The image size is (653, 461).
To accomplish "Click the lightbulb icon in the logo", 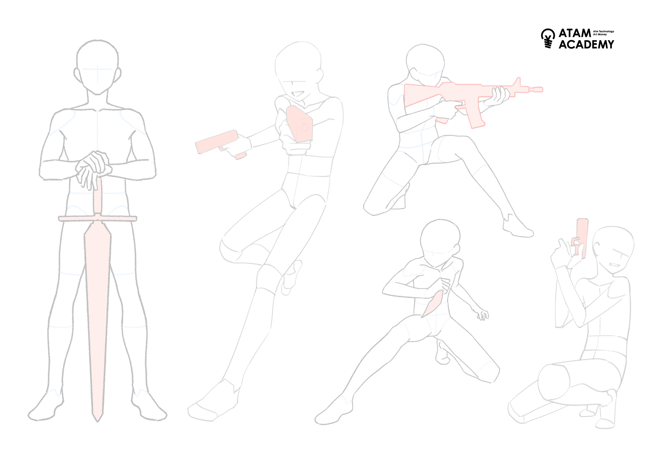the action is click(548, 38).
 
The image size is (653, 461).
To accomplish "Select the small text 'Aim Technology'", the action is click(604, 31).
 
